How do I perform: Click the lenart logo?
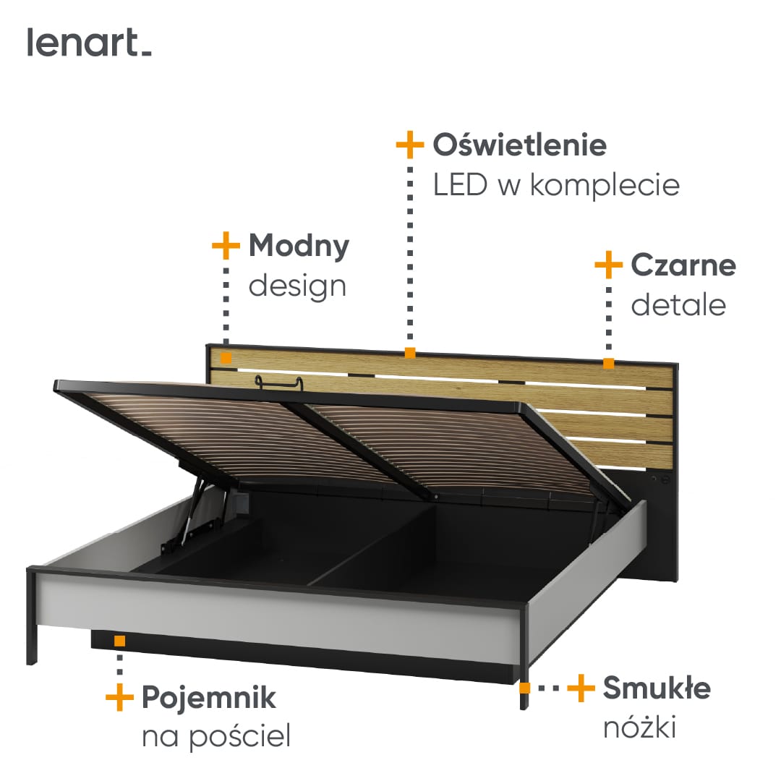89,43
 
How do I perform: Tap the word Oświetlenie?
519,145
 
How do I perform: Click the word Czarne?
683,265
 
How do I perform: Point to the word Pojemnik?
209,698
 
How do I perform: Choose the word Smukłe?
657,688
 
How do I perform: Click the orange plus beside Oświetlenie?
410,145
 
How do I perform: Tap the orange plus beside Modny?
226,245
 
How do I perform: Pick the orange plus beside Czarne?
609,265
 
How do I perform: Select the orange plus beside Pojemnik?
119,697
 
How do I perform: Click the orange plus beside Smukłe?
581,688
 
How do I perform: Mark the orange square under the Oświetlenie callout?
410,353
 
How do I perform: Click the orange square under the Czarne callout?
609,363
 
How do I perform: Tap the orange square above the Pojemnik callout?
119,641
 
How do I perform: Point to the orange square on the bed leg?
524,688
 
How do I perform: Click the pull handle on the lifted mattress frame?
279,383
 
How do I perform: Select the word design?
297,287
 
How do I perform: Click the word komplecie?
605,185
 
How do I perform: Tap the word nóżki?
639,727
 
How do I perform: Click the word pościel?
240,737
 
